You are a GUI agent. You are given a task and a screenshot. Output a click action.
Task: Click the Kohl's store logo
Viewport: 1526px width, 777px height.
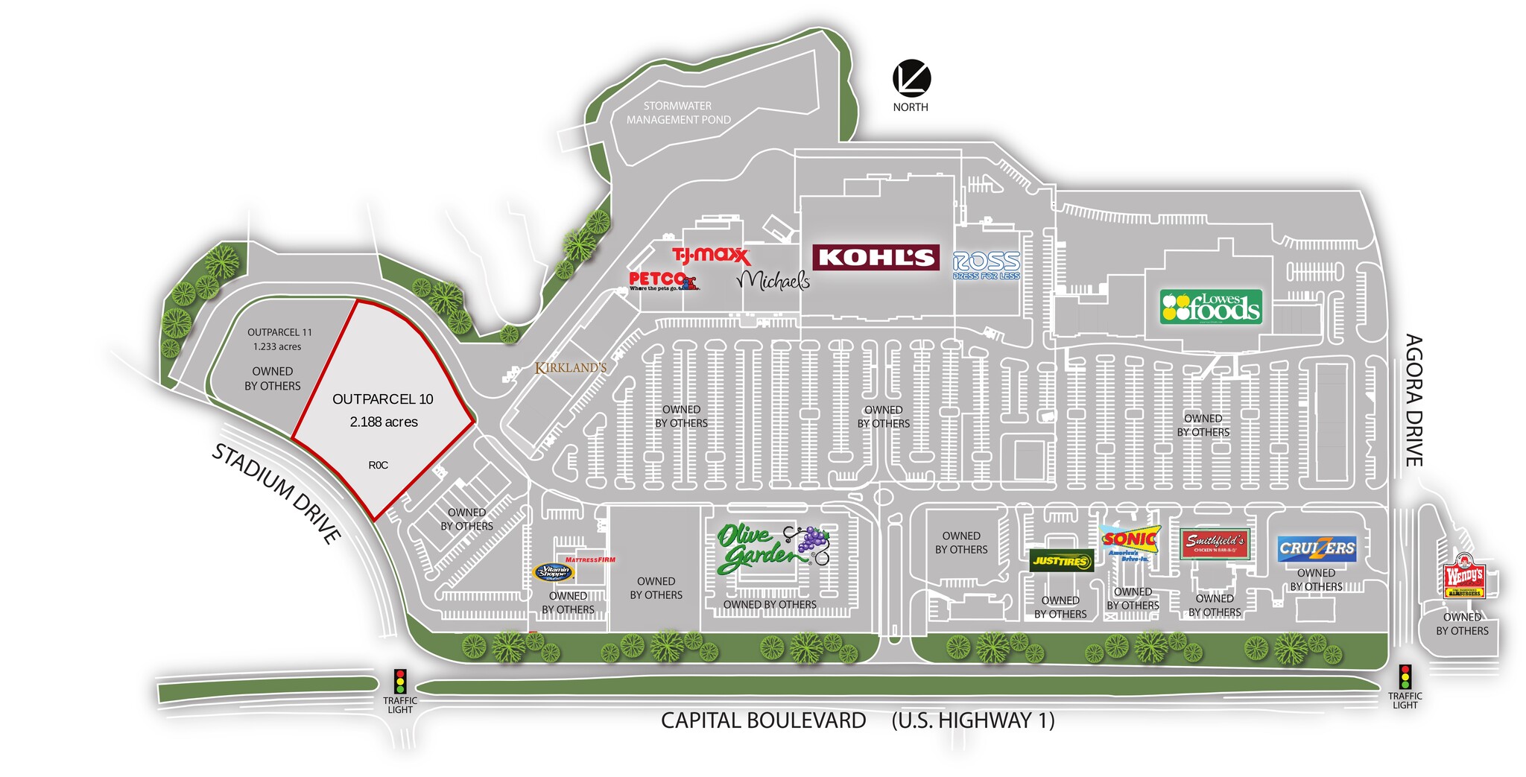(876, 258)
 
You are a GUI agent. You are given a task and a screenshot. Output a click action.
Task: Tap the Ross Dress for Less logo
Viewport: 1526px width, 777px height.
(986, 265)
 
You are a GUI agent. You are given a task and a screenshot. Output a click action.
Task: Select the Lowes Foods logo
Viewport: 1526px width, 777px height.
(1211, 307)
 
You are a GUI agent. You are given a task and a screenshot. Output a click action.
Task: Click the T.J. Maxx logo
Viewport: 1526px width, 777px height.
(711, 256)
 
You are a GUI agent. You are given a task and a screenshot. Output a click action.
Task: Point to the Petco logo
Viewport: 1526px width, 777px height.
(662, 281)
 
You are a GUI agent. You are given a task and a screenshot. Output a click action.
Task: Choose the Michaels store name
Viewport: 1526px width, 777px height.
(773, 280)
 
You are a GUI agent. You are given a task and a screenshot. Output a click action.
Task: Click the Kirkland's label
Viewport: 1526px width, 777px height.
(571, 367)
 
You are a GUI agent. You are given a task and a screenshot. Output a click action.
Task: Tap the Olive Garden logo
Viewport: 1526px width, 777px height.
(772, 548)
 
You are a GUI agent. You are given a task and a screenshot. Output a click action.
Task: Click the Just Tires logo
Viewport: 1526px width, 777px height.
(1061, 561)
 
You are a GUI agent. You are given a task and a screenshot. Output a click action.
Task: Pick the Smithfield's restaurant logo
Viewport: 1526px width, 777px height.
(1215, 544)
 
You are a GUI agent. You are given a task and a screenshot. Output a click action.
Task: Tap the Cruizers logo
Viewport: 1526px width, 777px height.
(1317, 549)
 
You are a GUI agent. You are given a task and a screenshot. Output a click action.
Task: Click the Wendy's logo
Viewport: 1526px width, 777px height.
(1464, 577)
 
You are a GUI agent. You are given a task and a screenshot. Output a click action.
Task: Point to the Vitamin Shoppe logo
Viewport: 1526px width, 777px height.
(554, 572)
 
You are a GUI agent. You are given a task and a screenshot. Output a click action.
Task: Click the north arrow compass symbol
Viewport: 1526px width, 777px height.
(912, 78)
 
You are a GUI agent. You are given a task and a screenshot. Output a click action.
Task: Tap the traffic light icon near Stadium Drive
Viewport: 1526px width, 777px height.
(400, 681)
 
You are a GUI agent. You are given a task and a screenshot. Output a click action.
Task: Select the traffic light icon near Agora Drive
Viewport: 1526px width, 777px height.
(1405, 676)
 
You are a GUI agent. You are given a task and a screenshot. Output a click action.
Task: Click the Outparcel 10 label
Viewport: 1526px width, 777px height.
(383, 399)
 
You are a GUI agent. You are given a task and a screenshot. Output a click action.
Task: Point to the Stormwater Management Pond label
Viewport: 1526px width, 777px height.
(678, 112)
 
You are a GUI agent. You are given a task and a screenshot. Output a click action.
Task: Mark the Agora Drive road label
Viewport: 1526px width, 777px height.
(1413, 400)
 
